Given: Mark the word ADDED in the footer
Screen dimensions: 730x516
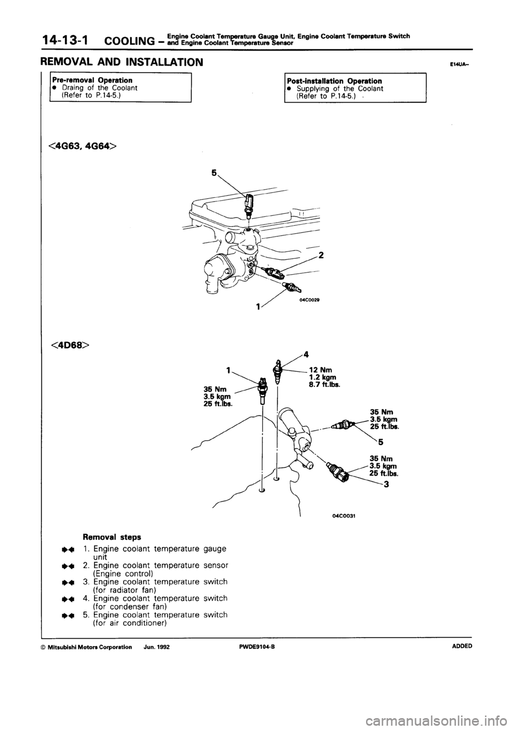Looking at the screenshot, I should click(461, 647).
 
